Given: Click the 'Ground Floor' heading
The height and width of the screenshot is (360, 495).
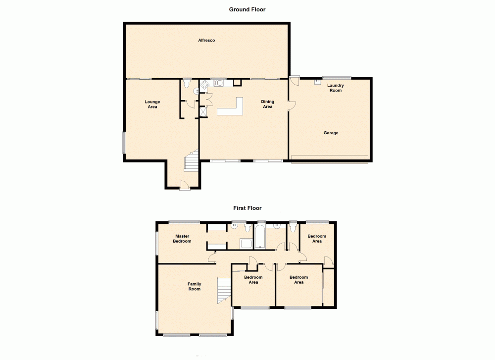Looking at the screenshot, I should [247, 9].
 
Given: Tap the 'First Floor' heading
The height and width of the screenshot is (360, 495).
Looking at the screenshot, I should [247, 208].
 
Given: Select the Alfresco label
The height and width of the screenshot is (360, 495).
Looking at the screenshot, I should [206, 40].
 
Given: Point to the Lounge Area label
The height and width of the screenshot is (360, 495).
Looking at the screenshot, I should [152, 104].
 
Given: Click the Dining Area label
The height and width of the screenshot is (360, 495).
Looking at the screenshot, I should [267, 104].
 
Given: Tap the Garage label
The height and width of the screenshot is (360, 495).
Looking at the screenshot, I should [331, 133].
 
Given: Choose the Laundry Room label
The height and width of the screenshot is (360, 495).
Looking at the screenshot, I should [336, 88].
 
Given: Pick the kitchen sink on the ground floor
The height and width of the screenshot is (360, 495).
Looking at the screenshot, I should [218, 82].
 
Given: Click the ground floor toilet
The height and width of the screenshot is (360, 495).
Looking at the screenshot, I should [187, 83].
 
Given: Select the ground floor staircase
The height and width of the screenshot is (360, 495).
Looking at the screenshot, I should [191, 163].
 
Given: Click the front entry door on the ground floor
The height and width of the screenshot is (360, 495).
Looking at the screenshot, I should [184, 186].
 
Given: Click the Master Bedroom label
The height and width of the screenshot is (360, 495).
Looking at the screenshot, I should [182, 239].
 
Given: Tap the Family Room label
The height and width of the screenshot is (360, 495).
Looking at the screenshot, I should [194, 286].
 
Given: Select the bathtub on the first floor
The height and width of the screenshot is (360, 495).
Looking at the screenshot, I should [260, 237].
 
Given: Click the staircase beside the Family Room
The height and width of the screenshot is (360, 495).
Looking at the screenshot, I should [224, 290].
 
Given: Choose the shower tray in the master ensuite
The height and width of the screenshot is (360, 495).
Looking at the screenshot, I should [246, 243].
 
